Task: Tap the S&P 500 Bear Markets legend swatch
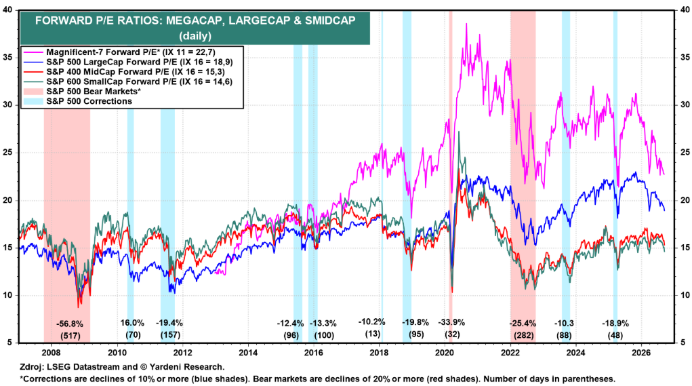click(x=33, y=92)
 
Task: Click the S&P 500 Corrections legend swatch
click(x=33, y=101)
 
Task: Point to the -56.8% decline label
click(x=69, y=324)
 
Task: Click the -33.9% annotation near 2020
click(x=451, y=322)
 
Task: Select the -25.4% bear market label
click(x=523, y=324)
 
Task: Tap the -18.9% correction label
click(x=615, y=324)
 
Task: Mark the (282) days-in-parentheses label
click(x=523, y=335)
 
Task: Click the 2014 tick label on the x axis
click(x=248, y=353)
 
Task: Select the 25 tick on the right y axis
click(x=684, y=153)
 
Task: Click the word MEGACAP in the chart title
click(x=192, y=21)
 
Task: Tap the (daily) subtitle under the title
click(x=195, y=35)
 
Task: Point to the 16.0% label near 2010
click(x=132, y=323)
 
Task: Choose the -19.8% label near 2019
click(x=415, y=322)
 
